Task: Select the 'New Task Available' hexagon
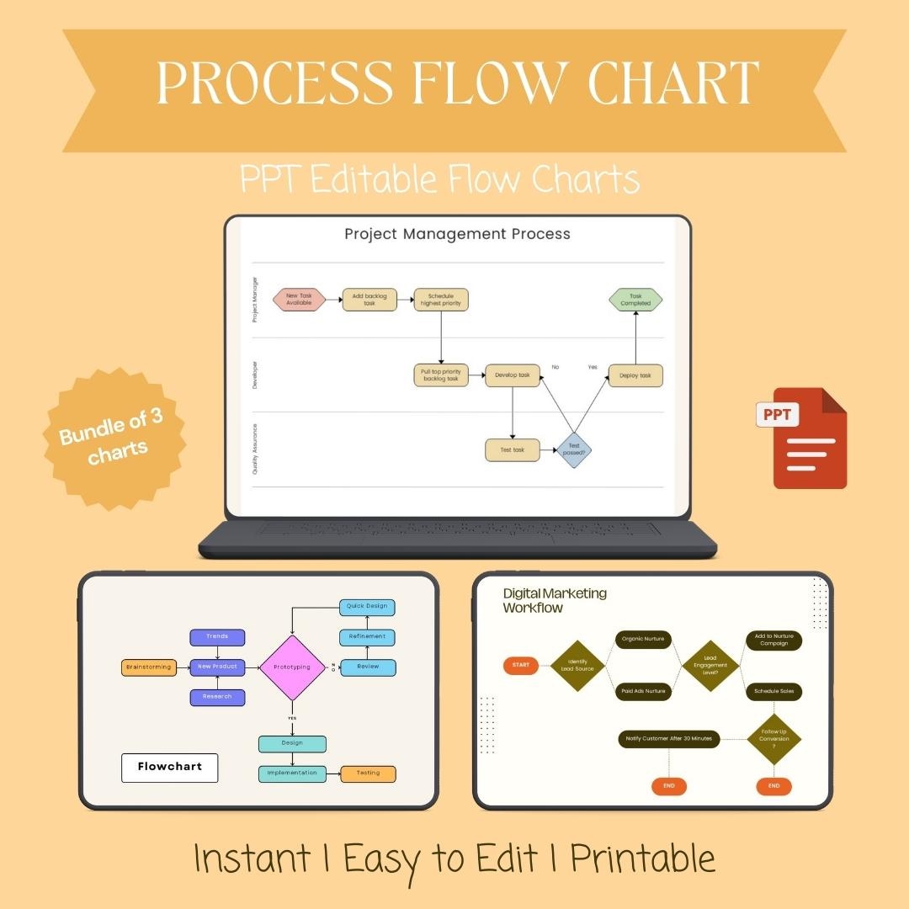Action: [x=299, y=300]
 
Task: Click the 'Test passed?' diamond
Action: [x=574, y=449]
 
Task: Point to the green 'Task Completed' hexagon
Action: [x=635, y=300]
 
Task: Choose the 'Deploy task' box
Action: [x=635, y=375]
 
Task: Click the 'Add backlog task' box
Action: [x=369, y=300]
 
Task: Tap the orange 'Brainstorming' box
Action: [x=149, y=667]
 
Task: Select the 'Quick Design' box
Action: [x=367, y=606]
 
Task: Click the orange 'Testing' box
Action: [x=368, y=773]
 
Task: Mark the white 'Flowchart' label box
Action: [x=169, y=768]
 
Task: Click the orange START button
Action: [x=521, y=665]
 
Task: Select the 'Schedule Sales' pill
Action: [x=774, y=692]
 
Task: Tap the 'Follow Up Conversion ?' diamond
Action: [x=774, y=739]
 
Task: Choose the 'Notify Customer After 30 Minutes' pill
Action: [x=669, y=739]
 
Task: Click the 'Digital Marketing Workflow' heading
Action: [x=555, y=600]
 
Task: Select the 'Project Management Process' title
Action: [x=457, y=234]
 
